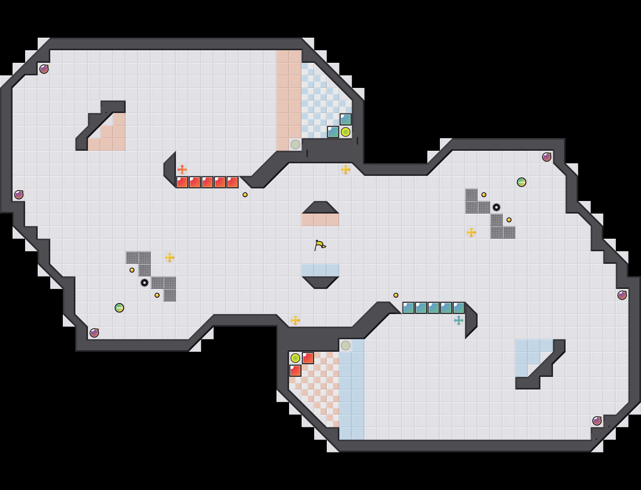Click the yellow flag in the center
tap(320, 245)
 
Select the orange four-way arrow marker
tap(182, 170)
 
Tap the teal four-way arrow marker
tap(459, 320)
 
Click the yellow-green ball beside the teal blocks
tap(346, 132)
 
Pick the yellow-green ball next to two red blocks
tap(295, 358)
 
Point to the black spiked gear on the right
tap(496, 207)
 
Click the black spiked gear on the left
tap(145, 283)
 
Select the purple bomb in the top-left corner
tap(44, 69)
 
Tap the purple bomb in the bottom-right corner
tap(597, 421)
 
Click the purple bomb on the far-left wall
tap(19, 195)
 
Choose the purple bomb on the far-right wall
tap(622, 295)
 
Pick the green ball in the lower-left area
tap(119, 308)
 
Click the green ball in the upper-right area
tap(522, 182)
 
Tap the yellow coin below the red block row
tap(245, 195)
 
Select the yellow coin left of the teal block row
tap(396, 295)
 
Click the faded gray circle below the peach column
tap(295, 144)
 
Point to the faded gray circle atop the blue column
tap(346, 346)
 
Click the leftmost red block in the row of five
tap(182, 182)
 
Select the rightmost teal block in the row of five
tap(459, 308)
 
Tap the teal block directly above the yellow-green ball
tap(346, 119)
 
